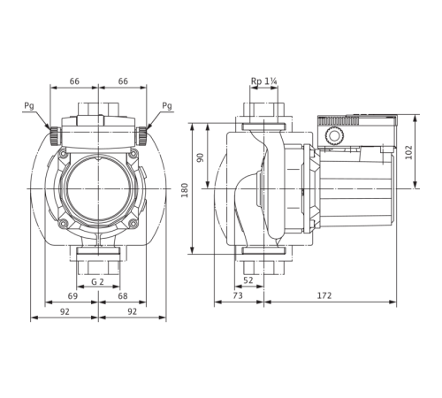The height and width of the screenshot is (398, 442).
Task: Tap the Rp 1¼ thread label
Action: tap(263, 84)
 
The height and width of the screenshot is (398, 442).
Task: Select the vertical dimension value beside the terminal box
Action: tap(408, 152)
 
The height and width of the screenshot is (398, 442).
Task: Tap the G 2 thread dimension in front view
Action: tap(100, 282)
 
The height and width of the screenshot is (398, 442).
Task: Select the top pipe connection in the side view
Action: tap(263, 110)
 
